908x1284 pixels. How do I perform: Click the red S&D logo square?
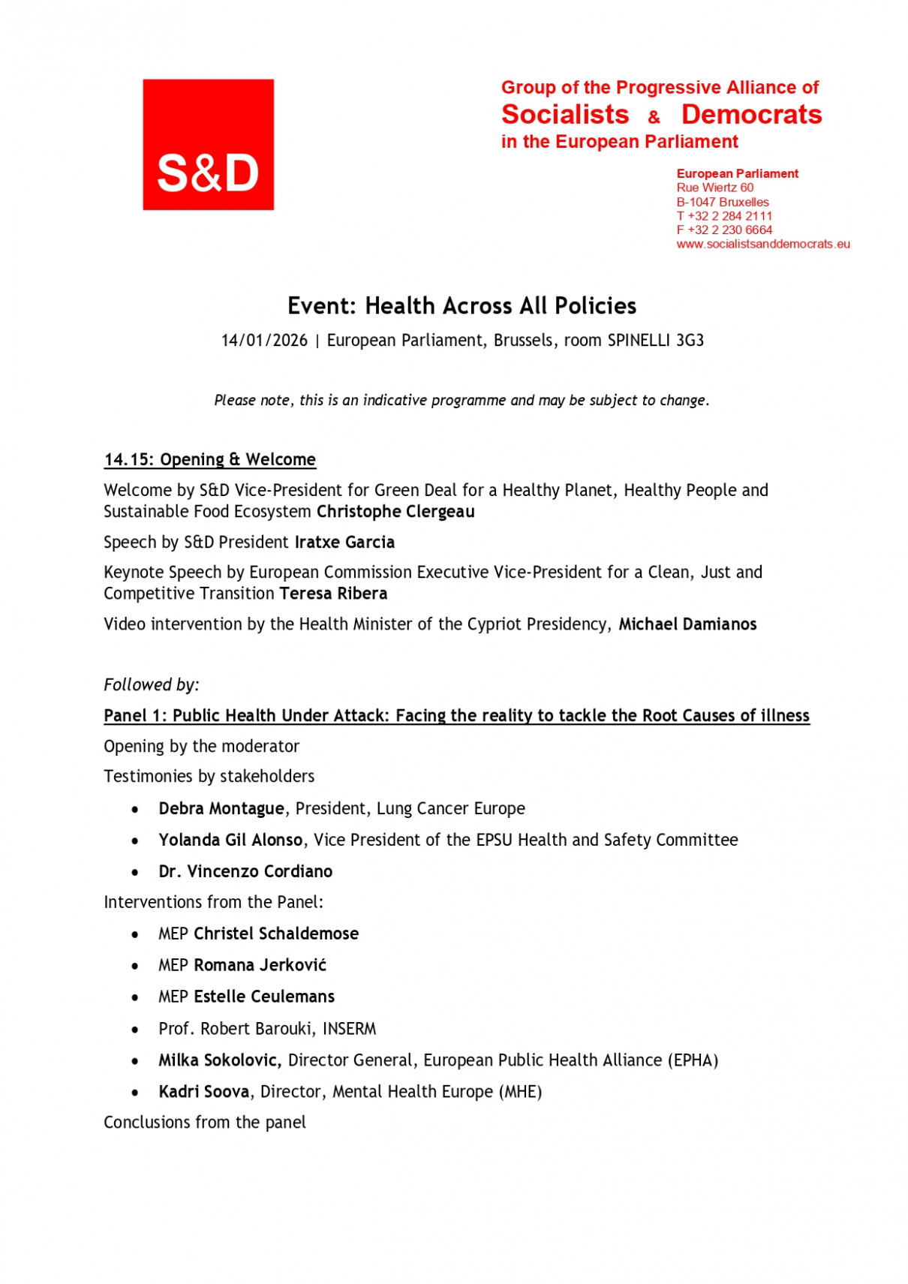click(208, 144)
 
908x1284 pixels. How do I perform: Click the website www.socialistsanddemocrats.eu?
click(762, 244)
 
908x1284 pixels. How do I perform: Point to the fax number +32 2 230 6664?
click(729, 230)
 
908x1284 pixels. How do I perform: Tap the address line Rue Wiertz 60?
click(714, 188)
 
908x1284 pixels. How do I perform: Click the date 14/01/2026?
click(264, 341)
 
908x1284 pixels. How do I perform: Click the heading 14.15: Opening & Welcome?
click(209, 459)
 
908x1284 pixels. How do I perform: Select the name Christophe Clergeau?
click(395, 512)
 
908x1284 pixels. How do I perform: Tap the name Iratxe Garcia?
click(344, 542)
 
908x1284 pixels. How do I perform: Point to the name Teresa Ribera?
click(333, 594)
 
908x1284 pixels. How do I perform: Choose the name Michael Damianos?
click(687, 624)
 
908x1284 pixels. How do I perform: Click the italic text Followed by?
click(152, 684)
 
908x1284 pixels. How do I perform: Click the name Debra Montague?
click(221, 808)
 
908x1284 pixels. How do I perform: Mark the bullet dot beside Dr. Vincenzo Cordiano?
click(135, 872)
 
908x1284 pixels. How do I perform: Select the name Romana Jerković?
click(260, 965)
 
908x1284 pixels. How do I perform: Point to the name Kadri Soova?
click(203, 1092)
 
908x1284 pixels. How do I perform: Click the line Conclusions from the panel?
click(205, 1123)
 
